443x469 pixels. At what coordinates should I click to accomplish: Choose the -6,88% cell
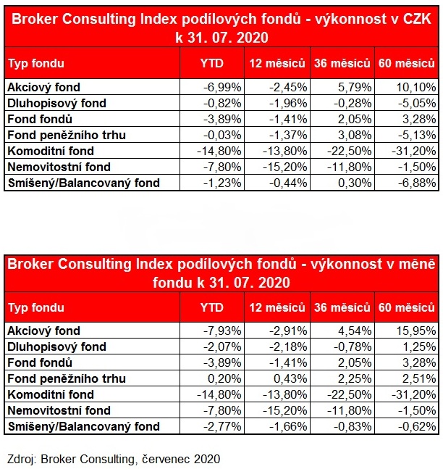(x=415, y=183)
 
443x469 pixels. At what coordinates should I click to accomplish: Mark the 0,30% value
(x=354, y=183)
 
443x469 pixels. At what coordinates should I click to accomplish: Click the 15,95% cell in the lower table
(x=415, y=331)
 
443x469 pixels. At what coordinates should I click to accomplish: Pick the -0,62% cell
(x=415, y=426)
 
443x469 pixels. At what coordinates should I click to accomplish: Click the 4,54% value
(x=354, y=331)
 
